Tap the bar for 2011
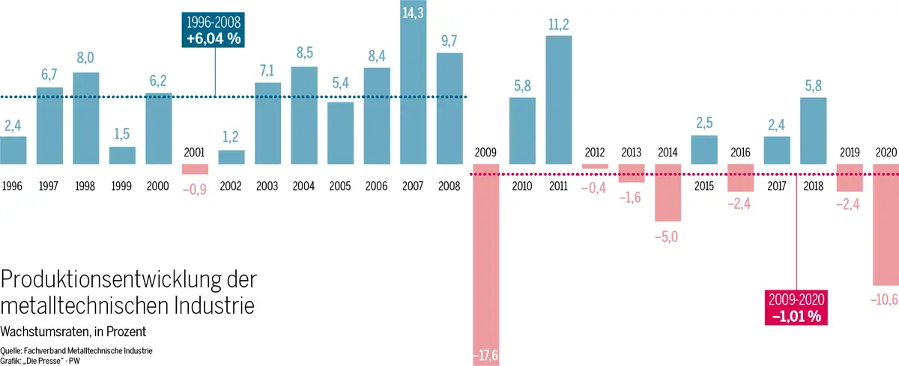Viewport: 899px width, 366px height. coord(559,99)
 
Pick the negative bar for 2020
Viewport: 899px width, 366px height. coord(886,230)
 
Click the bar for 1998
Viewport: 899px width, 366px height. coord(85,118)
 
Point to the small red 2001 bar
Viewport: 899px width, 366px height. coord(195,169)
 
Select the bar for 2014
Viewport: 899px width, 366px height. coord(668,198)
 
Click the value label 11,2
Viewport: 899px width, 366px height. coord(559,25)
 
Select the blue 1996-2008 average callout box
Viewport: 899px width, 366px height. coord(215,31)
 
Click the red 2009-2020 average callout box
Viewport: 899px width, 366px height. coord(795,307)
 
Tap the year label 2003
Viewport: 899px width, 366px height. coord(267,185)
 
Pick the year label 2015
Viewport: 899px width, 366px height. coord(703,185)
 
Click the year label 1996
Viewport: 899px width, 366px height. coord(13,185)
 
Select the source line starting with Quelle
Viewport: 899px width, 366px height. coord(76,349)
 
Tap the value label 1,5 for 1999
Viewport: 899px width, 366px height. coord(122,135)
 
